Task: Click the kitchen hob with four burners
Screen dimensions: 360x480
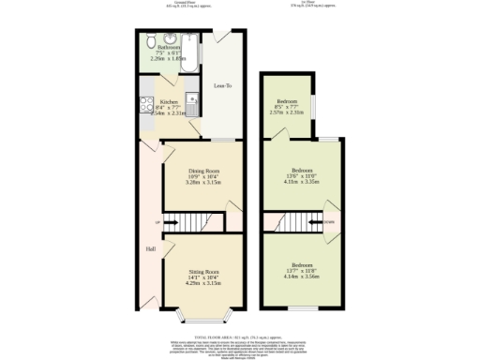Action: tap(146, 106)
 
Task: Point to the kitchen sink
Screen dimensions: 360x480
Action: tap(190, 99)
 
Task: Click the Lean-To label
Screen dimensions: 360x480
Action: tap(223, 86)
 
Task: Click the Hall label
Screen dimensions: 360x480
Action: tap(150, 248)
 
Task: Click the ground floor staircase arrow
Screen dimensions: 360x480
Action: tap(172, 222)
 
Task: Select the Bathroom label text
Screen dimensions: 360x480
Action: tap(169, 47)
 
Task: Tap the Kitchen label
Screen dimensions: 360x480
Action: tap(169, 101)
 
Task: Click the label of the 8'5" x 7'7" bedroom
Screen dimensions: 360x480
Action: tap(288, 101)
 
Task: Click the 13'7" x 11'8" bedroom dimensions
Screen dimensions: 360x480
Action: tap(302, 271)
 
